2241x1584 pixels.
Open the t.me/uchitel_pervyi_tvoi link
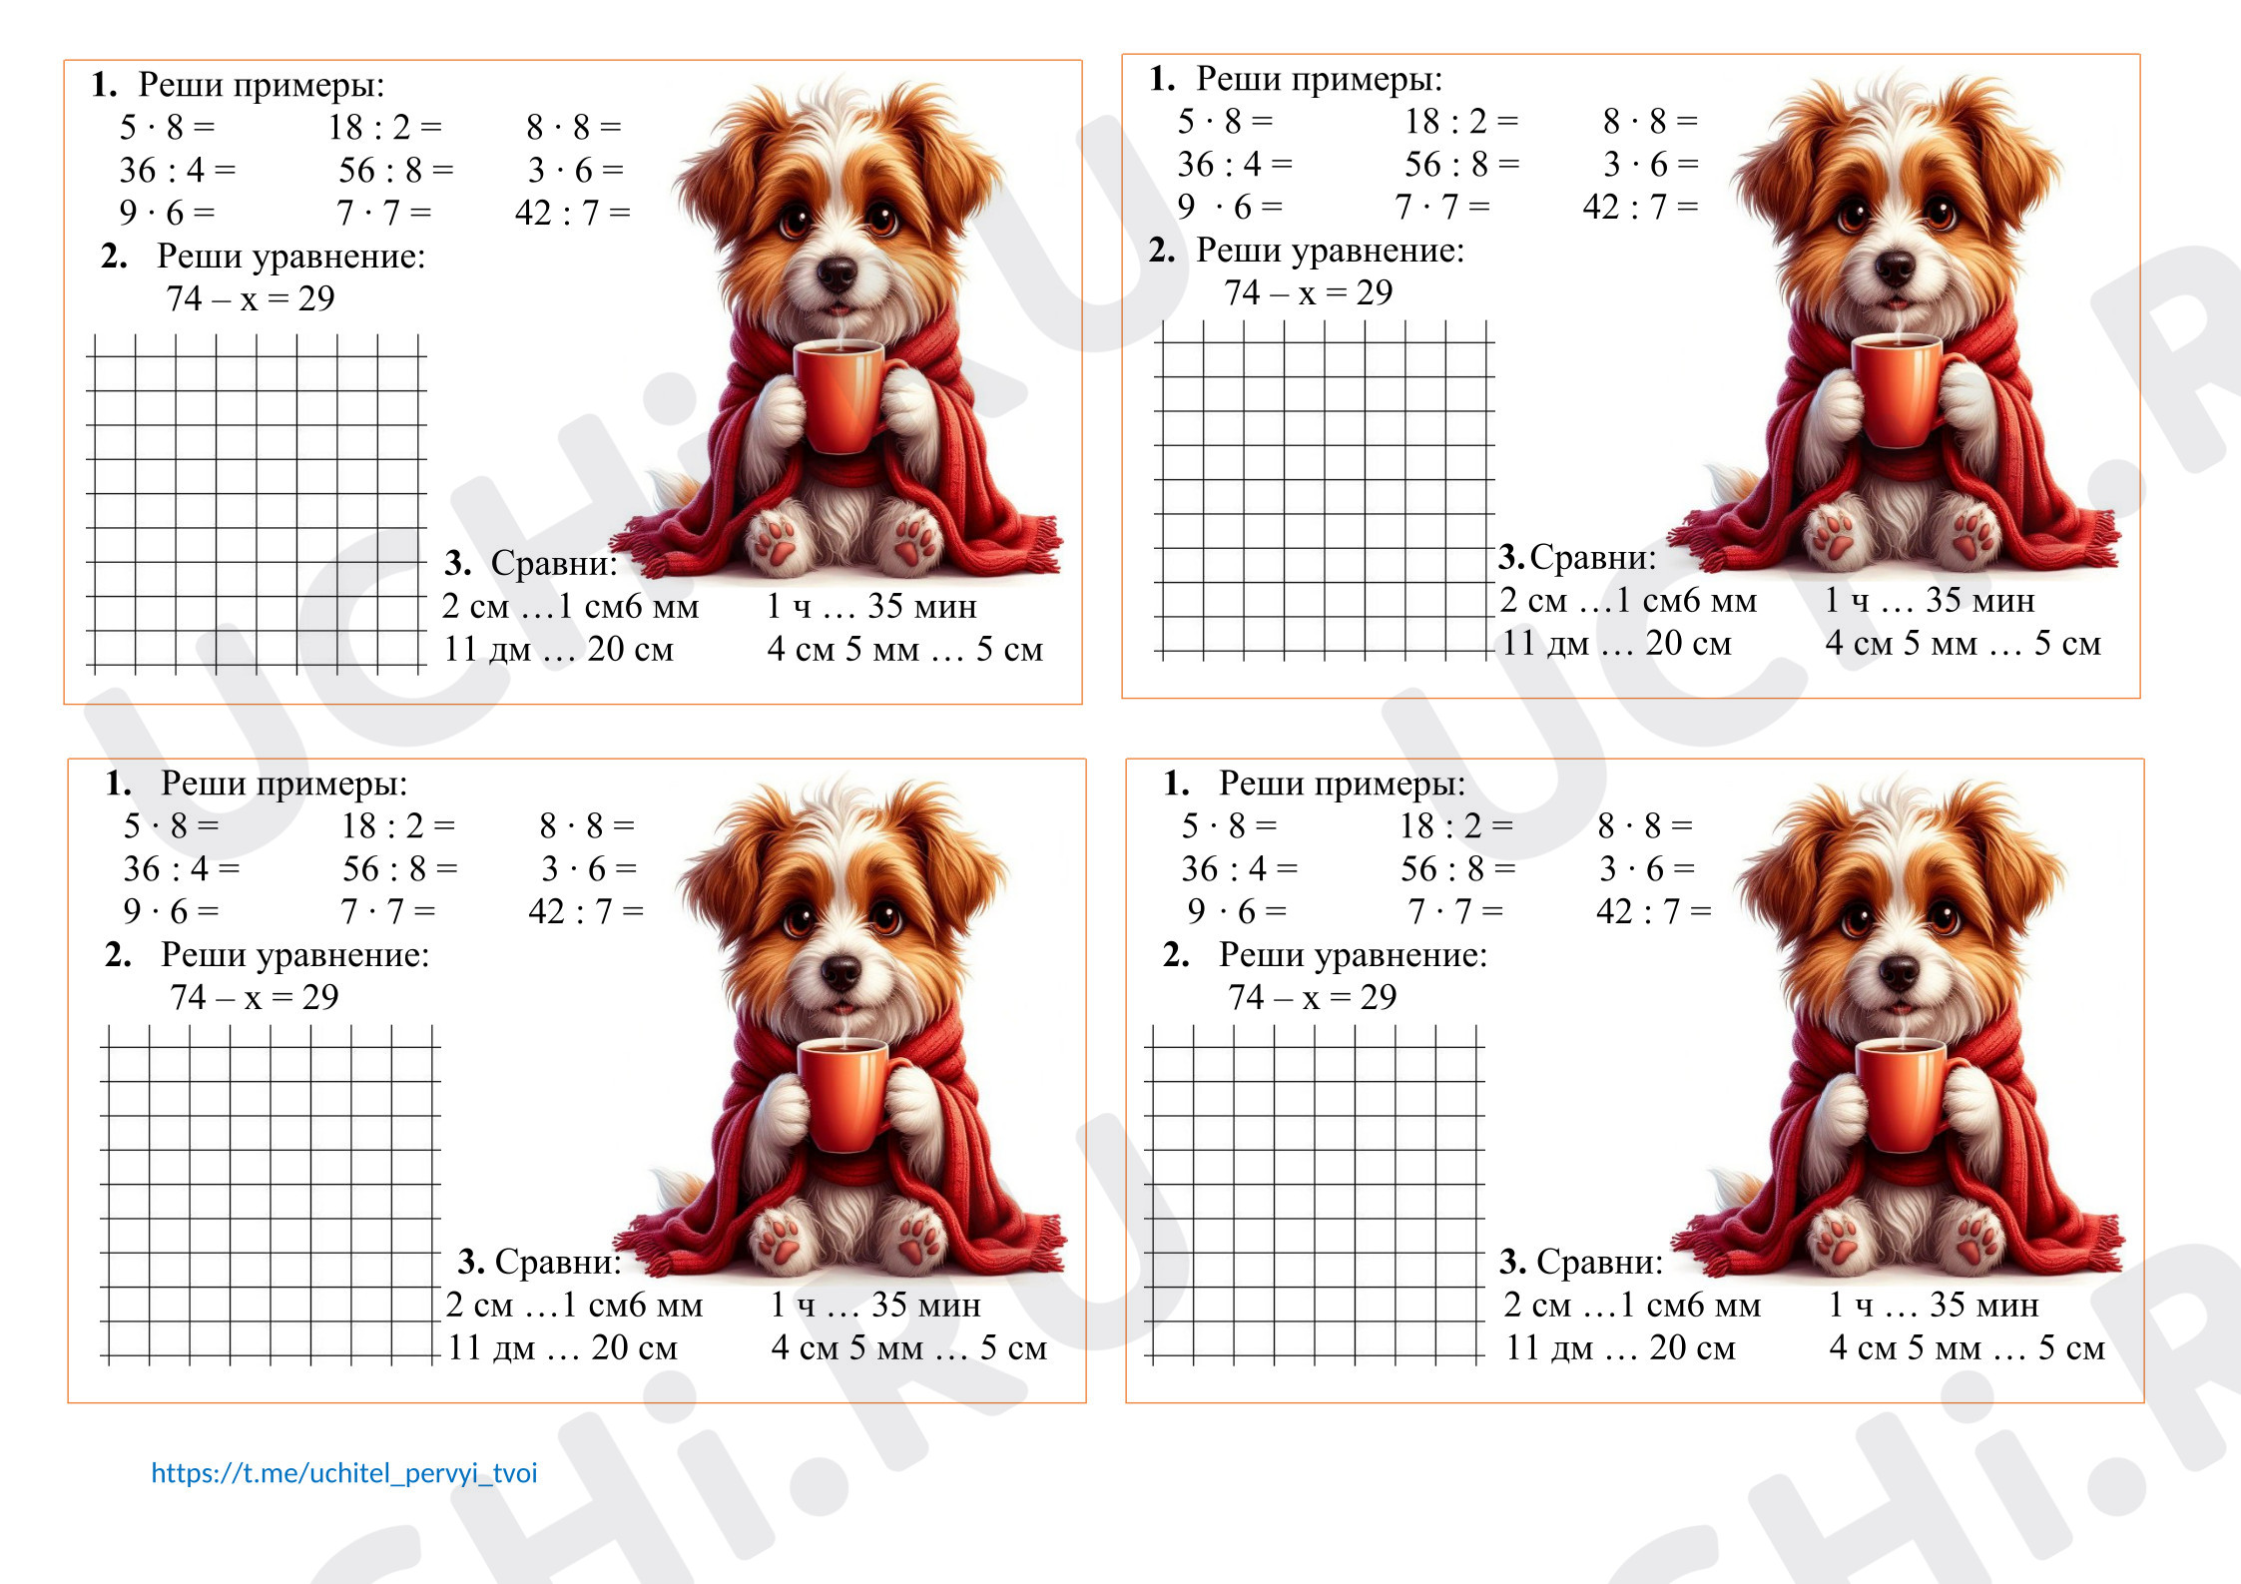coord(344,1473)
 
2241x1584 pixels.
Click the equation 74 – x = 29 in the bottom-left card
coord(255,997)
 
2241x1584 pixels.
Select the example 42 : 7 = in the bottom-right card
coord(1653,911)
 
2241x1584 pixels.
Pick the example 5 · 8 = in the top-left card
coord(168,128)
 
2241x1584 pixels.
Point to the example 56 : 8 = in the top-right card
coord(1461,164)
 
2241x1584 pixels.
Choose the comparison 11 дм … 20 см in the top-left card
coord(559,649)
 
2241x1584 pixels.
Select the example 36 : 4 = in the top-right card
coord(1235,164)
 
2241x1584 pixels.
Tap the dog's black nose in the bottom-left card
coord(840,971)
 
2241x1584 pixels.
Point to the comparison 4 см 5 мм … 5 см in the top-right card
coord(1962,643)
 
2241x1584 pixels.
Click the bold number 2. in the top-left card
coord(114,257)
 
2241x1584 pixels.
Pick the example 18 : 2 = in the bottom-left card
coord(398,826)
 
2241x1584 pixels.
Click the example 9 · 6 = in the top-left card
coord(167,213)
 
